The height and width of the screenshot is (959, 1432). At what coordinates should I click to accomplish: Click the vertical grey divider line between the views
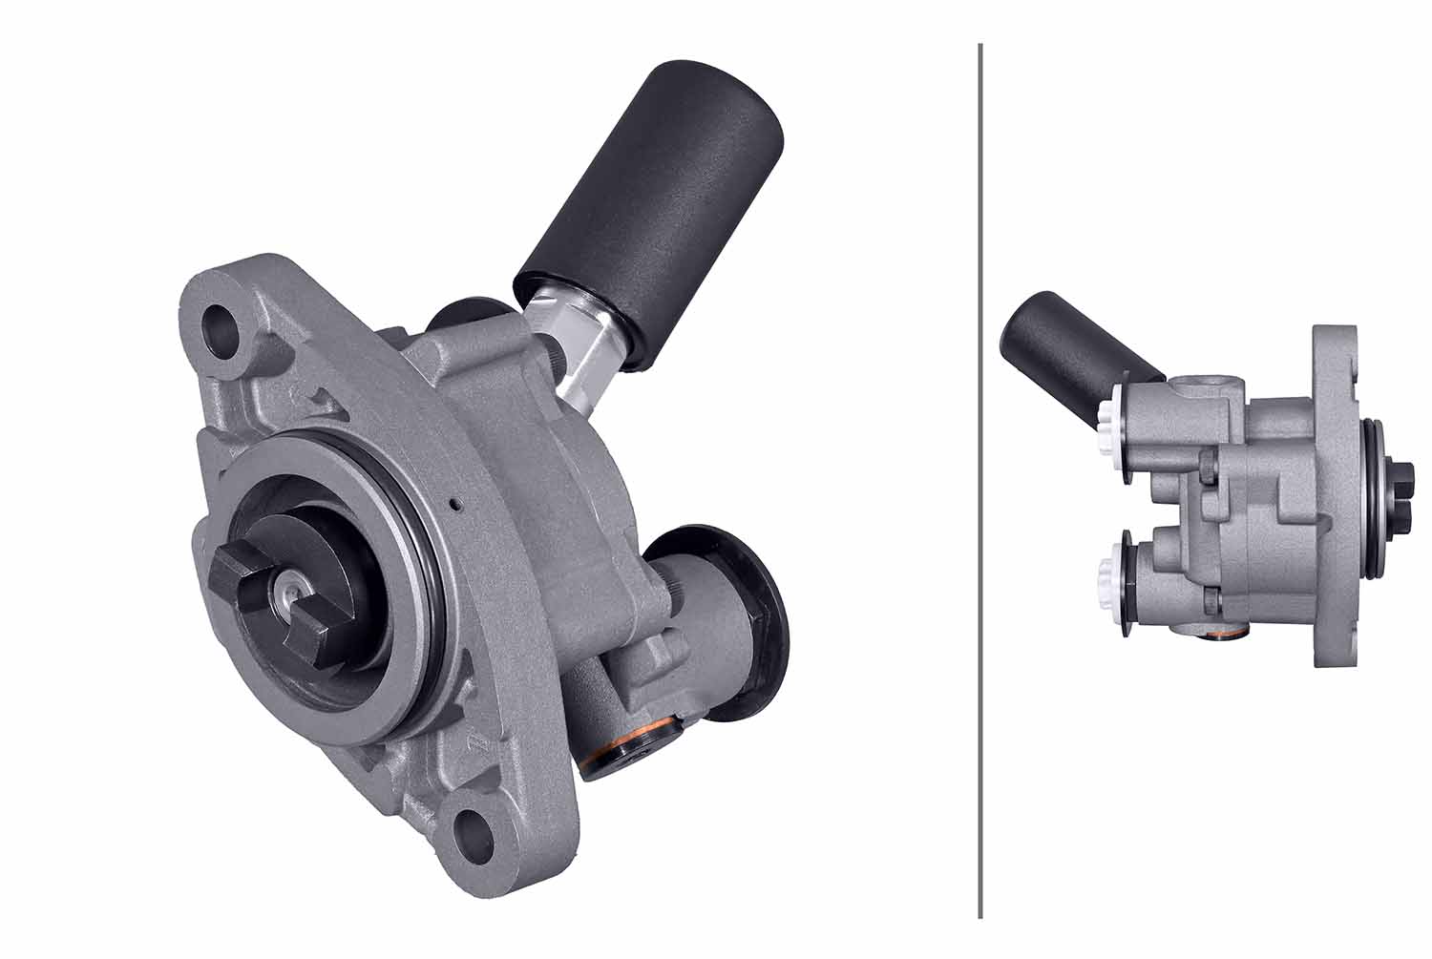pos(980,477)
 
